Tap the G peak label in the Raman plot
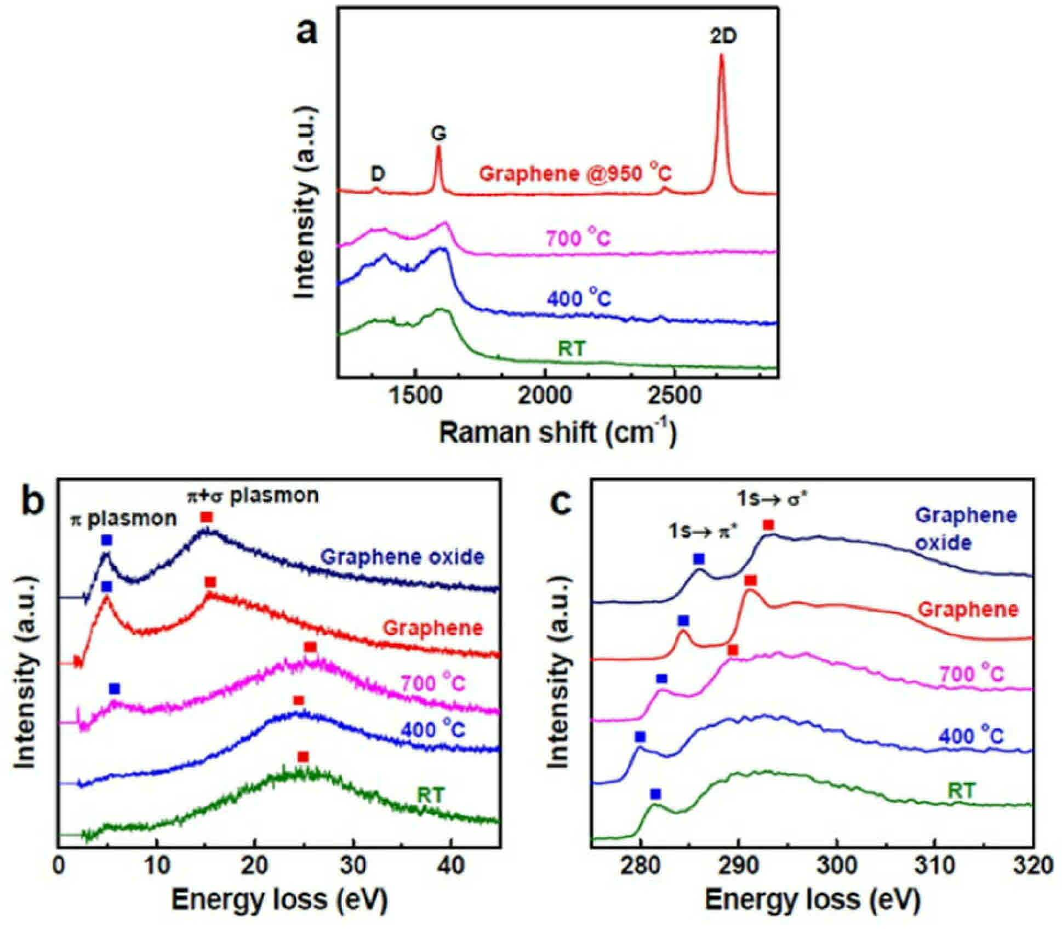tap(438, 134)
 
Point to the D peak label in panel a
tap(378, 174)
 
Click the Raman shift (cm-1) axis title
tap(558, 433)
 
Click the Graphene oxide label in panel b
tap(403, 557)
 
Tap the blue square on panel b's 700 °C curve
tap(114, 688)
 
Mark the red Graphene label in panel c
tap(968, 610)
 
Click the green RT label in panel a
tap(572, 349)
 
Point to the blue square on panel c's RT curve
tap(655, 794)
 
